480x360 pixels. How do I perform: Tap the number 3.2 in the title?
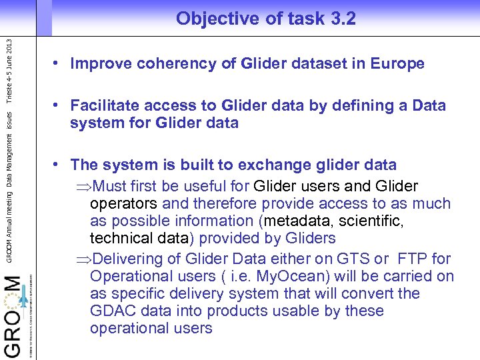coord(343,19)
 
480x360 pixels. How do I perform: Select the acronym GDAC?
coord(111,311)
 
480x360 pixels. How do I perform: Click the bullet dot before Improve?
coord(59,64)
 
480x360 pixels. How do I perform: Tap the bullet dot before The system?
coord(59,165)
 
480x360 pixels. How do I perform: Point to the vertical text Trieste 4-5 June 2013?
coord(9,71)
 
